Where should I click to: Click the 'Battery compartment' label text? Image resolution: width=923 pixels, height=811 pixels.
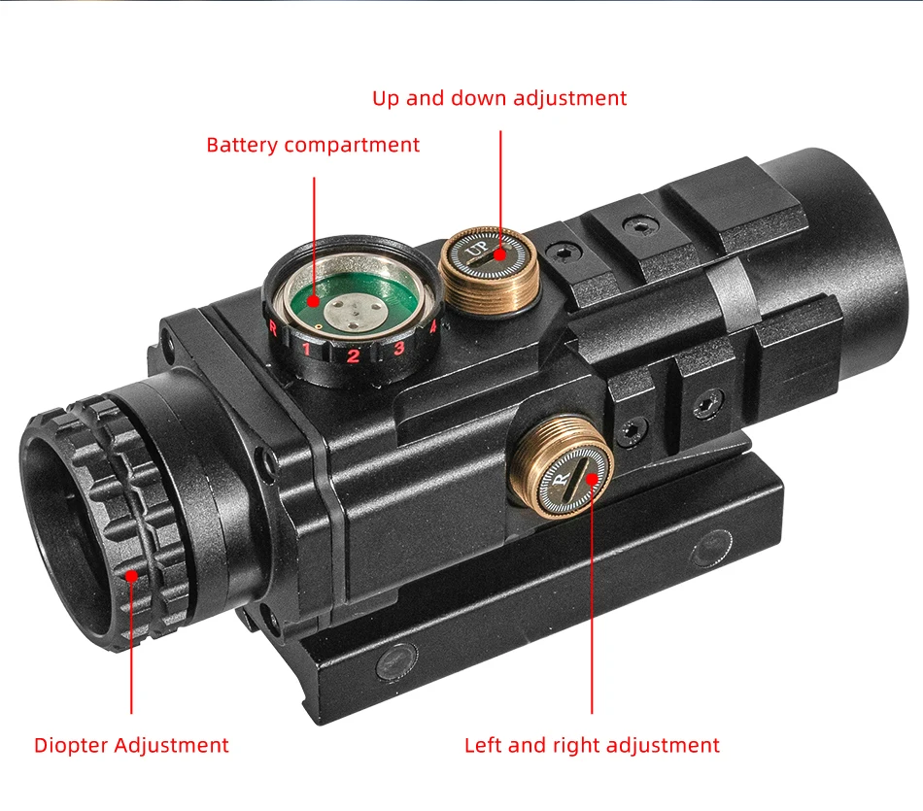coord(313,146)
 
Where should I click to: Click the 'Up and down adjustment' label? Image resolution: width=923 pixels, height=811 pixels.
coord(499,98)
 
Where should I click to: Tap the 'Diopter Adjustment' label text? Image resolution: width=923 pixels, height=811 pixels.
coord(131,746)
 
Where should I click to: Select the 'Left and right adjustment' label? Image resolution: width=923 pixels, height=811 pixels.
coord(592,746)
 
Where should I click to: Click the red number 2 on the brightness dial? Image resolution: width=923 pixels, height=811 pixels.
coord(353,355)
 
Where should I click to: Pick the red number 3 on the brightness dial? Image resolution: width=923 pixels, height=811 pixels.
coord(399,349)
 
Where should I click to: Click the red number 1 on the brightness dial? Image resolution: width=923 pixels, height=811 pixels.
coord(307,349)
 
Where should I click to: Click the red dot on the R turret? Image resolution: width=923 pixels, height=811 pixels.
coord(592,477)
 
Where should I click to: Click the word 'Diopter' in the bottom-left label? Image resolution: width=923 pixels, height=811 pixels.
coord(72,746)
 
